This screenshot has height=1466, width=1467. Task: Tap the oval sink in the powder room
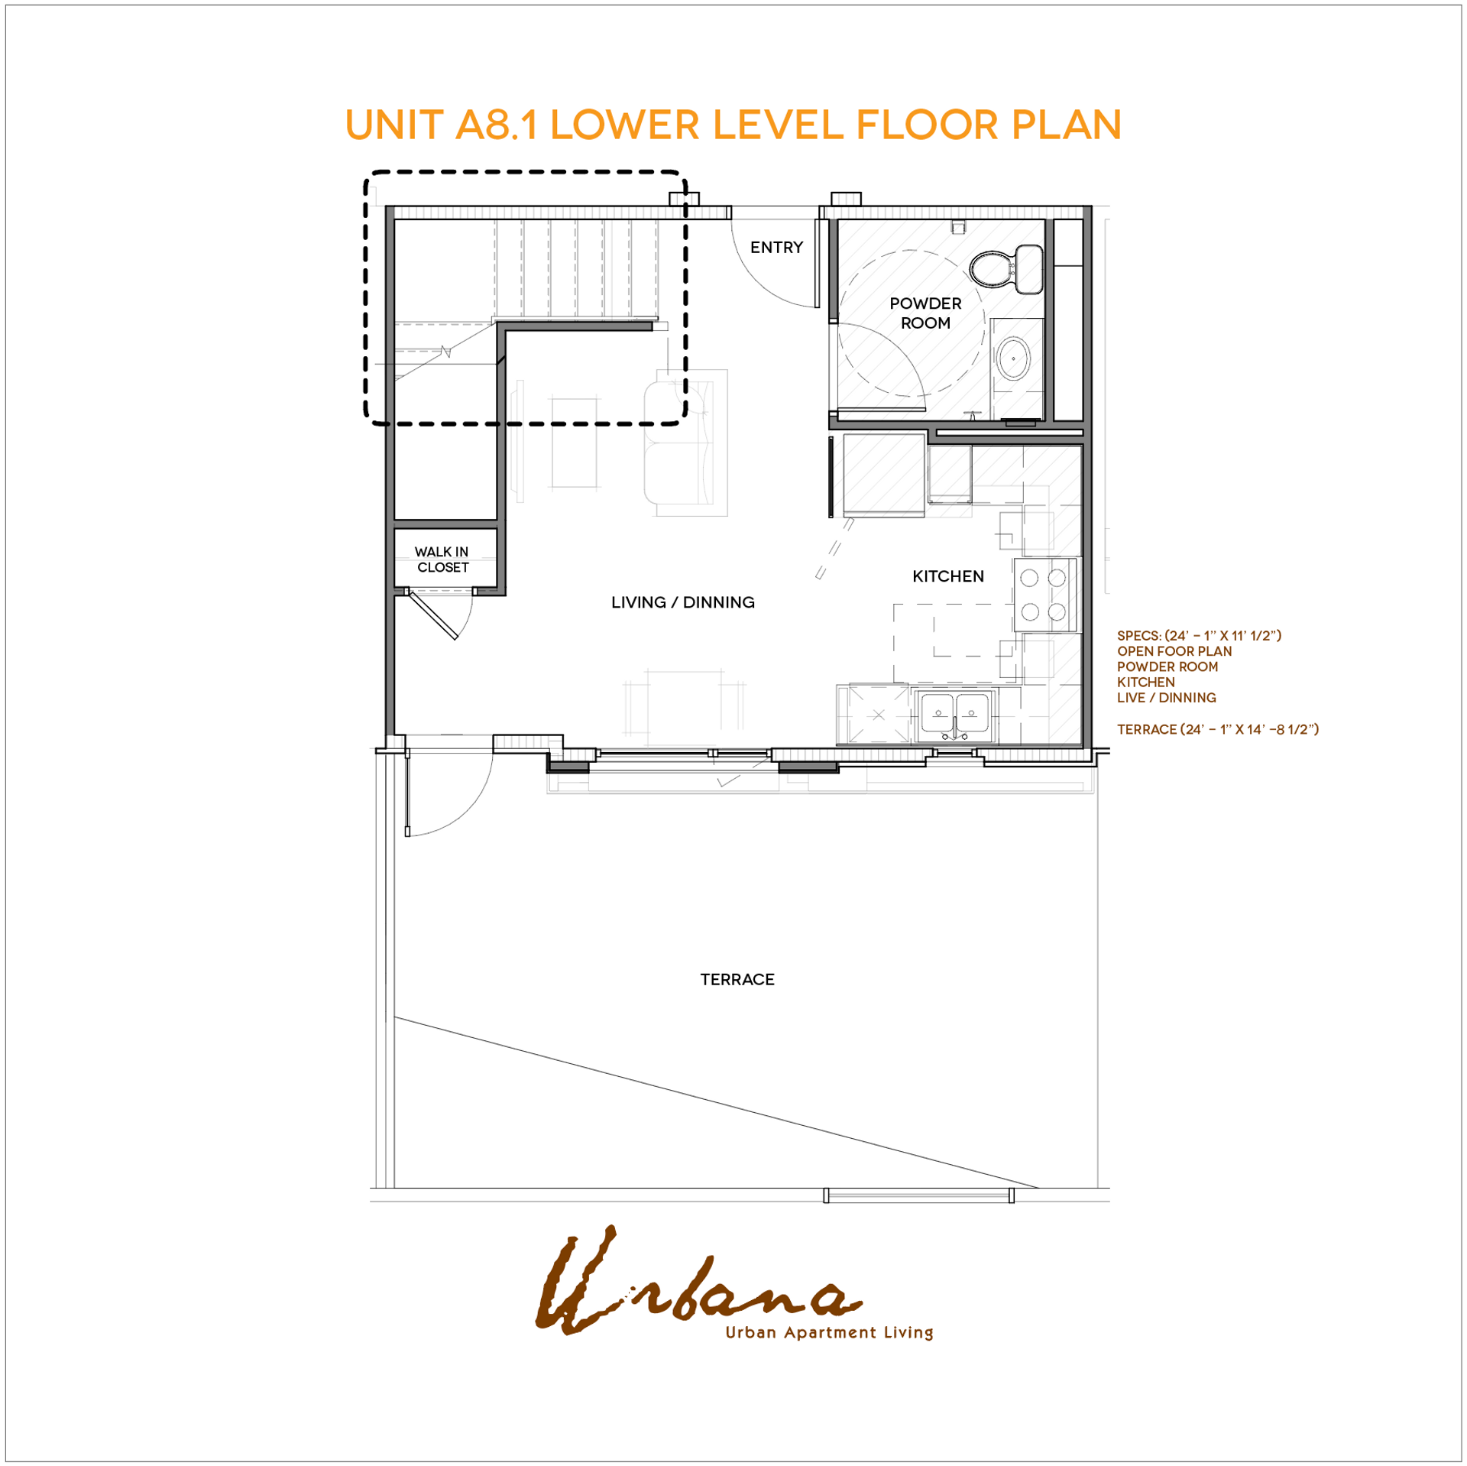coord(1013,358)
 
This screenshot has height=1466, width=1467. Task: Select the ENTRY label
coord(776,247)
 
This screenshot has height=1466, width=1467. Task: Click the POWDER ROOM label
coord(925,313)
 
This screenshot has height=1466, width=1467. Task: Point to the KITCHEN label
coord(947,576)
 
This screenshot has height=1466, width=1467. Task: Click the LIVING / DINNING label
coord(682,602)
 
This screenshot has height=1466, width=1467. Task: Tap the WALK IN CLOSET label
coord(442,559)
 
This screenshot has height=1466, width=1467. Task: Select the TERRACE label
coord(737,979)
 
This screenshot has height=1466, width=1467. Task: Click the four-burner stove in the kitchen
coord(1043,595)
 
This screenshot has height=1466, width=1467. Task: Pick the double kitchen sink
coord(954,716)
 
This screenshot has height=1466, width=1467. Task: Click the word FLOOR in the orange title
coord(927,125)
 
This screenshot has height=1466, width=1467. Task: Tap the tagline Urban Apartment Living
coord(829,1332)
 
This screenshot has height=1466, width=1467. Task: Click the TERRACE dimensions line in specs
coord(1217,729)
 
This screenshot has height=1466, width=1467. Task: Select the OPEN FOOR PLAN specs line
coord(1174,651)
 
